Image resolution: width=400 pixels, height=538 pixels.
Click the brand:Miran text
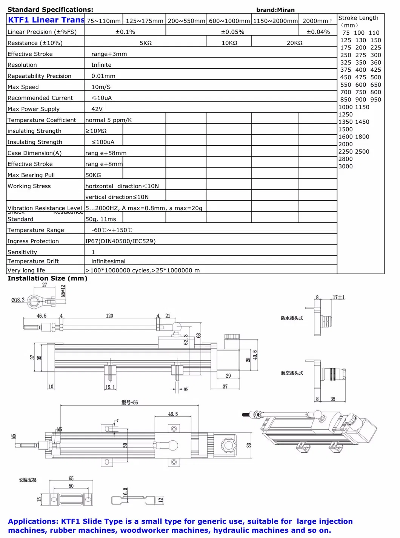point(275,10)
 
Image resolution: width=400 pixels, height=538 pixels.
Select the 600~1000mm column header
point(229,21)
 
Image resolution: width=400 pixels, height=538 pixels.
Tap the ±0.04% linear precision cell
point(318,32)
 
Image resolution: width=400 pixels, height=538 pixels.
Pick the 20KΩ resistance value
point(294,43)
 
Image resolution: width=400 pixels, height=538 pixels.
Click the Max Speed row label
point(23,87)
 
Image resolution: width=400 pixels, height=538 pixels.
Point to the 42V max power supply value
point(97,109)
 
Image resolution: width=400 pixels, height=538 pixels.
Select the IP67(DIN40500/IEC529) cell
point(120,241)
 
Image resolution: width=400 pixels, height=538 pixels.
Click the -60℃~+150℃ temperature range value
point(112,230)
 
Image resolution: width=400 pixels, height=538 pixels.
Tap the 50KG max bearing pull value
point(93,175)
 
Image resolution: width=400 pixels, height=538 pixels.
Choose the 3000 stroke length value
point(346,166)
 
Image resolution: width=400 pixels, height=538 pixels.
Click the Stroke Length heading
point(358,18)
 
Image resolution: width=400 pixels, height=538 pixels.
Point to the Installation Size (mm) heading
point(48,278)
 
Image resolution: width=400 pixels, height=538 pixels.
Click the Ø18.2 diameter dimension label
point(18,300)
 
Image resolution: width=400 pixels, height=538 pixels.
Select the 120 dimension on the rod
point(109,316)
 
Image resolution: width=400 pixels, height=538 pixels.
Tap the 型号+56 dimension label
point(129,403)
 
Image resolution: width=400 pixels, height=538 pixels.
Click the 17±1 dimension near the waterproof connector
point(338,297)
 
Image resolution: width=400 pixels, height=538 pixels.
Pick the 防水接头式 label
point(292,318)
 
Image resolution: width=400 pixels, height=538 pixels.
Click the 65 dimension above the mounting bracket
point(71,478)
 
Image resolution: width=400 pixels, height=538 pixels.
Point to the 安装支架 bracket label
point(28,480)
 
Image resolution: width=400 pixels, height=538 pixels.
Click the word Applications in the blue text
point(33,521)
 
